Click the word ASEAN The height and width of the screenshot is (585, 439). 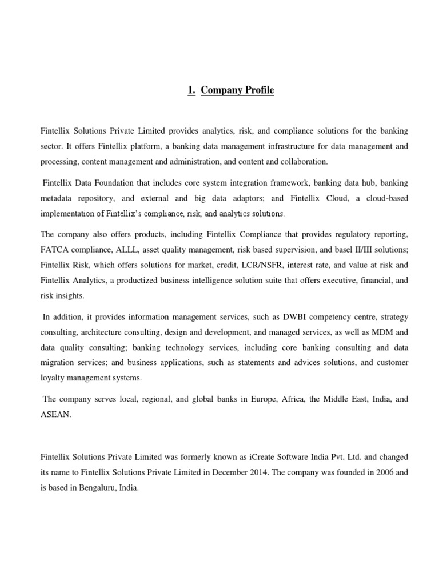click(x=55, y=415)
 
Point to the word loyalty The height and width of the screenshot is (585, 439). click(x=53, y=378)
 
